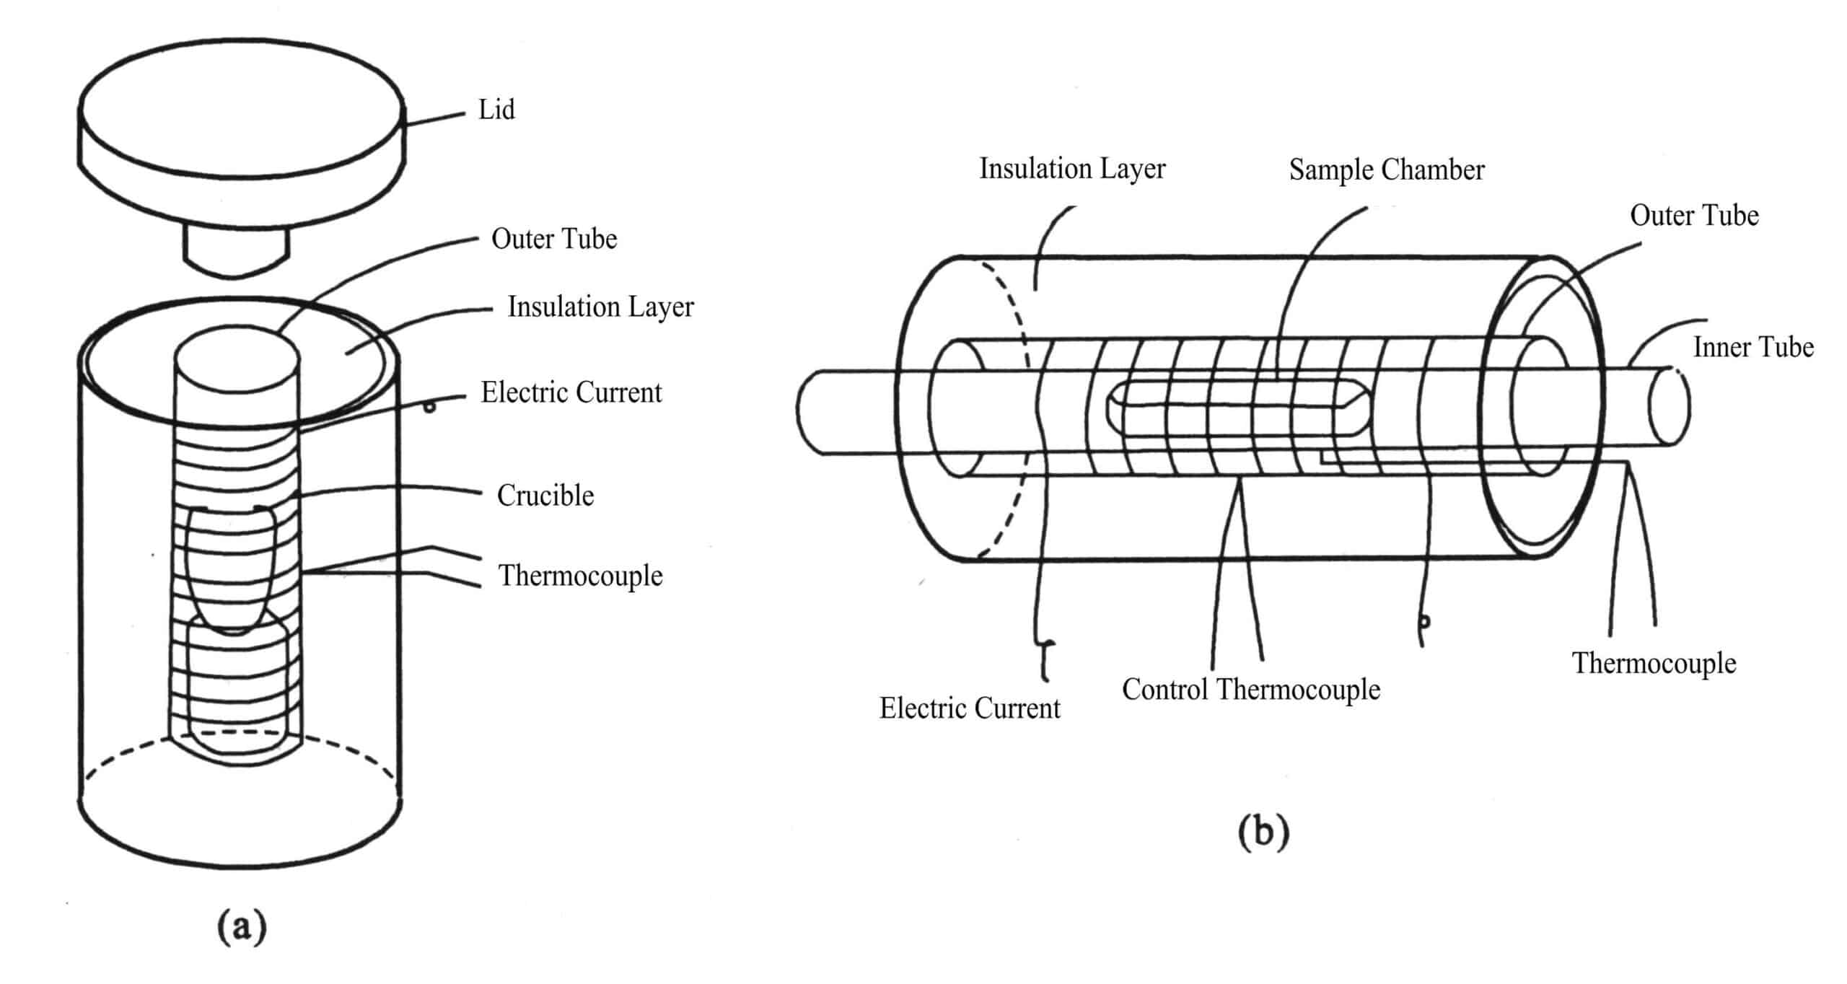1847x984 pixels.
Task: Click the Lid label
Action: click(x=496, y=110)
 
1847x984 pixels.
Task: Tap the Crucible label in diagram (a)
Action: click(x=545, y=496)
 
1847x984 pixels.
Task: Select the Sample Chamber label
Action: click(x=1386, y=170)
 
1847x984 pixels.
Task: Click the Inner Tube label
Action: click(x=1752, y=347)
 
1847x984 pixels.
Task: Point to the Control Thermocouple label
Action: click(x=1250, y=690)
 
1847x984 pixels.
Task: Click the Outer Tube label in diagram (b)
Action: click(x=1694, y=216)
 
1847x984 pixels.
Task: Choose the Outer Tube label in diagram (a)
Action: click(x=553, y=239)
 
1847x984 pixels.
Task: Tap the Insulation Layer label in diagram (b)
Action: click(x=1071, y=169)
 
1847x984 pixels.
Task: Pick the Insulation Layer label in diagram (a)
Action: click(x=600, y=307)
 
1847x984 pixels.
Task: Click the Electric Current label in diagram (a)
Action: click(x=571, y=392)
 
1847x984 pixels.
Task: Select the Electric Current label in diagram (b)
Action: click(x=969, y=708)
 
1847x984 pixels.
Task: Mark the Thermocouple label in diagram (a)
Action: click(x=580, y=576)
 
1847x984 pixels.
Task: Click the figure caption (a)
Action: click(x=242, y=926)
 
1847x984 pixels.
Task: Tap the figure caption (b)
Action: click(x=1263, y=832)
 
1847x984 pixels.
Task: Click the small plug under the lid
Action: click(x=236, y=249)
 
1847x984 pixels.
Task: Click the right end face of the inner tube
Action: click(x=1670, y=405)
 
